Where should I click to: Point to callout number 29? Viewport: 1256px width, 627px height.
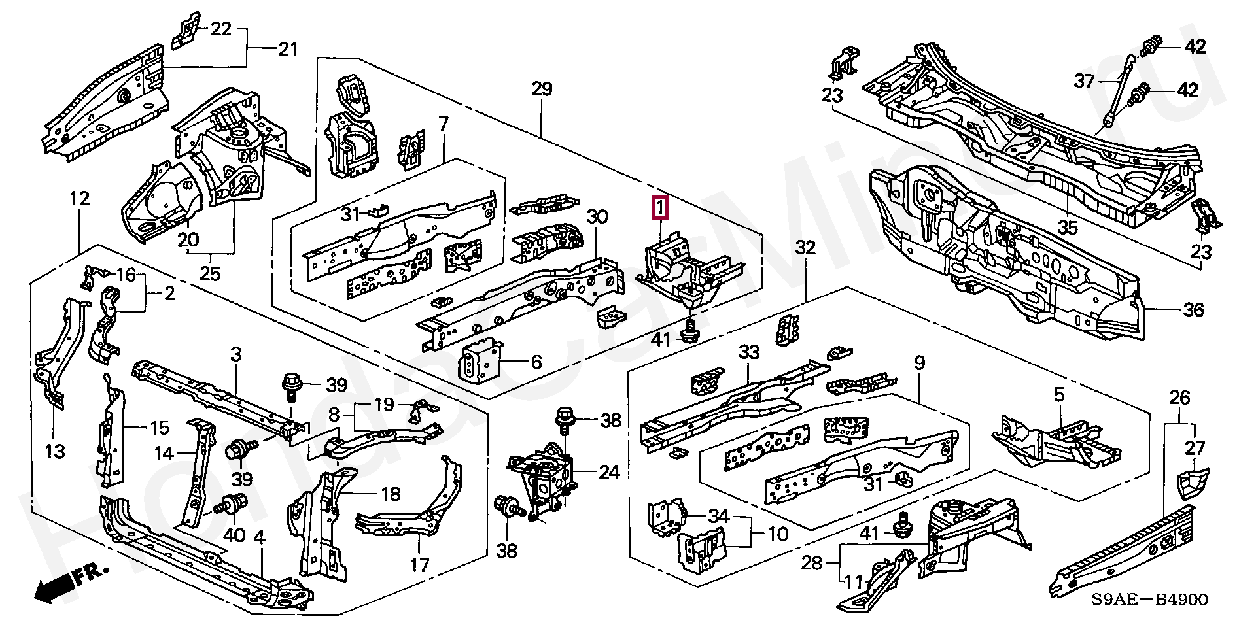(x=542, y=89)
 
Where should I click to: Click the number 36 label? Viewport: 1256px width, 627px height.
(x=1193, y=309)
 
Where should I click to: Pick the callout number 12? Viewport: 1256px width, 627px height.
(x=79, y=199)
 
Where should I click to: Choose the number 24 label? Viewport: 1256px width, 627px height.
(x=609, y=472)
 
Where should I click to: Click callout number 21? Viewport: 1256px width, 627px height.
(x=288, y=49)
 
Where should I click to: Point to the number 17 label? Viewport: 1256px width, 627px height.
(x=419, y=564)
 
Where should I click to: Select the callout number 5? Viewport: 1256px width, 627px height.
(x=1059, y=395)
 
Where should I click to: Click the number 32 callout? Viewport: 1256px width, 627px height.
(x=805, y=248)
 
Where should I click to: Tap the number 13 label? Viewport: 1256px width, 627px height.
(x=56, y=450)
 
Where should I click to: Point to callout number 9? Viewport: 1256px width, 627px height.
(x=919, y=364)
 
